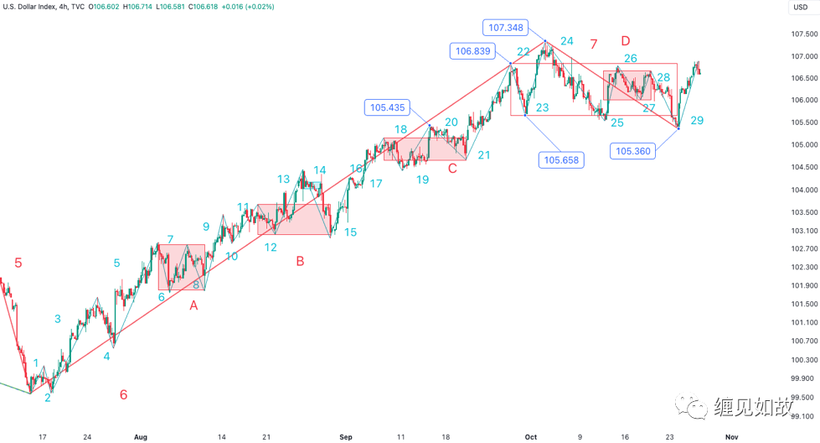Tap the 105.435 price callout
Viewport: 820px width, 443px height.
coord(387,107)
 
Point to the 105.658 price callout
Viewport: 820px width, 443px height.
coord(560,160)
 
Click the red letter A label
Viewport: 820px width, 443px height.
coord(193,306)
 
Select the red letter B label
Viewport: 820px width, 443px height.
coord(300,261)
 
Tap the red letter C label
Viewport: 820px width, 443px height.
coord(452,168)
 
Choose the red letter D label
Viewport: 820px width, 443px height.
coord(625,40)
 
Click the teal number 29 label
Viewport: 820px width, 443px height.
coord(697,121)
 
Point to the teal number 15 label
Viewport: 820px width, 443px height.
coord(350,232)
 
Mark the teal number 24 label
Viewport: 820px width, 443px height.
coord(567,40)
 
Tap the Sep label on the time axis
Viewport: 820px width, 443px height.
coord(346,437)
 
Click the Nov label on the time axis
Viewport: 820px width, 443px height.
coord(730,437)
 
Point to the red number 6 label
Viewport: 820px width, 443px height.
coord(123,394)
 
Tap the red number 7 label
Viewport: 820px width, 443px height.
coord(593,44)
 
